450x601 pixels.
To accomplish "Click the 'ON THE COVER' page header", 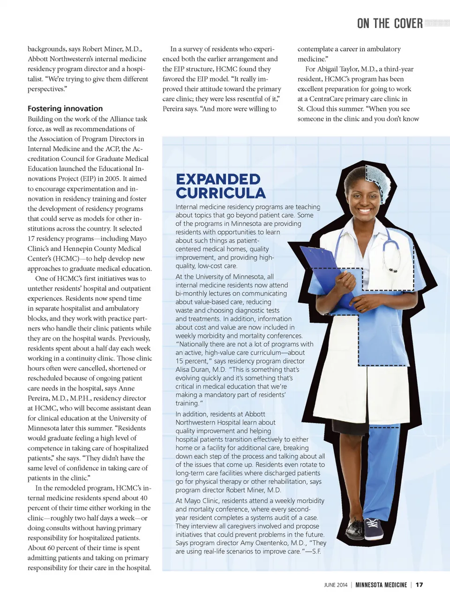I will (x=390, y=23).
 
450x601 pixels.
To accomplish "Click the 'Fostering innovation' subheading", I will (x=65, y=109).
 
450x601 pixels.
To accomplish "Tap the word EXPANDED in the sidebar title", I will (x=218, y=179).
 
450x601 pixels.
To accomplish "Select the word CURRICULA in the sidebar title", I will (x=220, y=193).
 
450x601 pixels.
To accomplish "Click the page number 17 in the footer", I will (x=419, y=585).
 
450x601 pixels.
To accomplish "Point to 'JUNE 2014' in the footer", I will (x=336, y=585).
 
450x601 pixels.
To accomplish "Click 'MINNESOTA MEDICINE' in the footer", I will (x=381, y=585).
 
